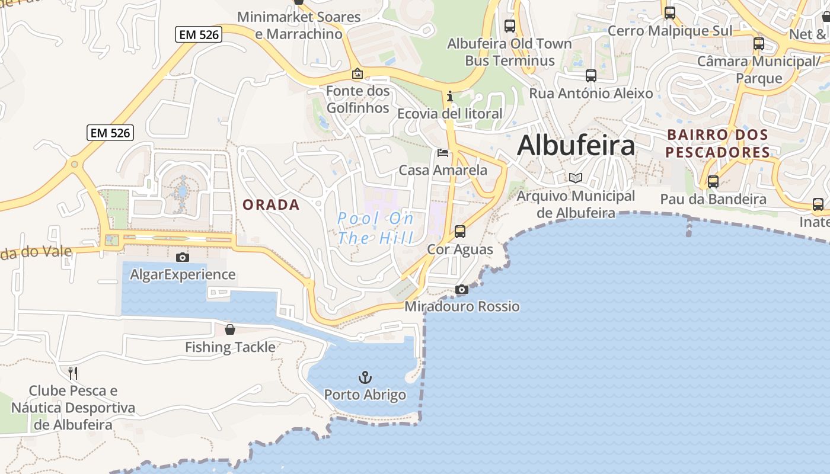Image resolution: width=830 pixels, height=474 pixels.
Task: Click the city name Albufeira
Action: pyautogui.click(x=576, y=145)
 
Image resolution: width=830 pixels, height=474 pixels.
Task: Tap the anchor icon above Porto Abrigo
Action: pyautogui.click(x=365, y=377)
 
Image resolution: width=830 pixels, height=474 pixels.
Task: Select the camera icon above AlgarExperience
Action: pyautogui.click(x=183, y=257)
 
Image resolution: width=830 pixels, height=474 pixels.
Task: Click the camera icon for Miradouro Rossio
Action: pyautogui.click(x=461, y=289)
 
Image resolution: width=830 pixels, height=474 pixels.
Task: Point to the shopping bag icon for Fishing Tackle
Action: pyautogui.click(x=230, y=329)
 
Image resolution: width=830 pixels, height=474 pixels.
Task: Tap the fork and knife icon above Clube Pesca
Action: pyautogui.click(x=73, y=373)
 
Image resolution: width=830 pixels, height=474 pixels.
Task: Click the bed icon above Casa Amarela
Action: pyautogui.click(x=442, y=153)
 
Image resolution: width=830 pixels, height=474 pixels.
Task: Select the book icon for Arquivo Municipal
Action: pyautogui.click(x=575, y=178)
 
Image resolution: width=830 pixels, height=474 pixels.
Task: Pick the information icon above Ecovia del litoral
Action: pyautogui.click(x=450, y=96)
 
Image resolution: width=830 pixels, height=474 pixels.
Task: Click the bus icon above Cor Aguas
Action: pyautogui.click(x=460, y=232)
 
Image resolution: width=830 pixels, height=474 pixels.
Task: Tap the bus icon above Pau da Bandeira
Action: pyautogui.click(x=713, y=182)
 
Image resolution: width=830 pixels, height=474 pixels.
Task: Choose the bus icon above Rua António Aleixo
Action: pyautogui.click(x=590, y=76)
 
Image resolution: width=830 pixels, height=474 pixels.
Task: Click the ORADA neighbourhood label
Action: pyautogui.click(x=271, y=205)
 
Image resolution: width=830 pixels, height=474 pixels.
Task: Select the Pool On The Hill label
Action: pyautogui.click(x=376, y=229)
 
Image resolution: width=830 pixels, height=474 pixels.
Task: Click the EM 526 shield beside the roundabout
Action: pyautogui.click(x=110, y=133)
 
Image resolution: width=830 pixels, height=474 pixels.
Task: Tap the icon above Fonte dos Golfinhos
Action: pyautogui.click(x=357, y=74)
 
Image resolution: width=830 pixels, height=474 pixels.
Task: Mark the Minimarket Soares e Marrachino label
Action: pyautogui.click(x=299, y=25)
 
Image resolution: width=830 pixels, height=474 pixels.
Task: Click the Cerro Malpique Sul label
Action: pyautogui.click(x=670, y=31)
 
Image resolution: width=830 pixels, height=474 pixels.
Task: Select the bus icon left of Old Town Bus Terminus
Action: pyautogui.click(x=510, y=26)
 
